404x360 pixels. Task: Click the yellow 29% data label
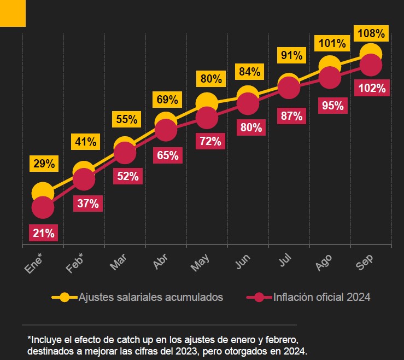(43, 163)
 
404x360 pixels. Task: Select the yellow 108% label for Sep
(371, 33)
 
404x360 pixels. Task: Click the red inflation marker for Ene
(43, 207)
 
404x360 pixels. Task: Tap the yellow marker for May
(207, 102)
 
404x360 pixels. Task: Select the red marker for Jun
(248, 104)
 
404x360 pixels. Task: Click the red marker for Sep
(371, 66)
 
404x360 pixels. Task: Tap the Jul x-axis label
(284, 262)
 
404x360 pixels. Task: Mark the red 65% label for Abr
(167, 155)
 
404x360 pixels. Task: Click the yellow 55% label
(126, 119)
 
